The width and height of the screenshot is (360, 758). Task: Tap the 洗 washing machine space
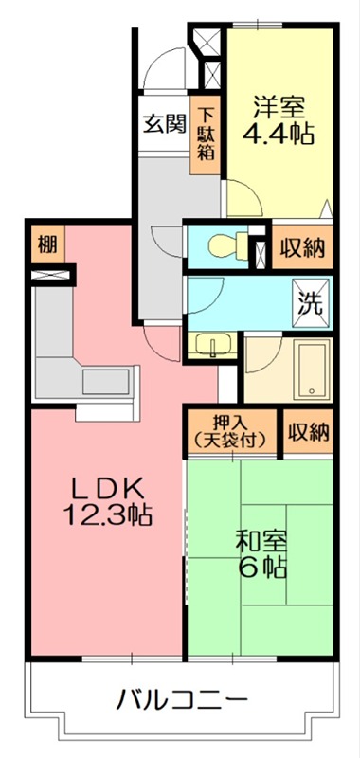pyautogui.click(x=312, y=304)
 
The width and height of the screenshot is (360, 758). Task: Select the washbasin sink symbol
pyautogui.click(x=209, y=346)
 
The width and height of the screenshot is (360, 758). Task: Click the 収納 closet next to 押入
pyautogui.click(x=309, y=433)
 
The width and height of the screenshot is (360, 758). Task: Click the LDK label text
pyautogui.click(x=108, y=489)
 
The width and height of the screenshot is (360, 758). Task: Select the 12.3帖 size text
pyautogui.click(x=108, y=517)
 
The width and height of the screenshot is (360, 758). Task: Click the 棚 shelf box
pyautogui.click(x=46, y=245)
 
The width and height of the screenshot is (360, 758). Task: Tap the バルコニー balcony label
pyautogui.click(x=183, y=702)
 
